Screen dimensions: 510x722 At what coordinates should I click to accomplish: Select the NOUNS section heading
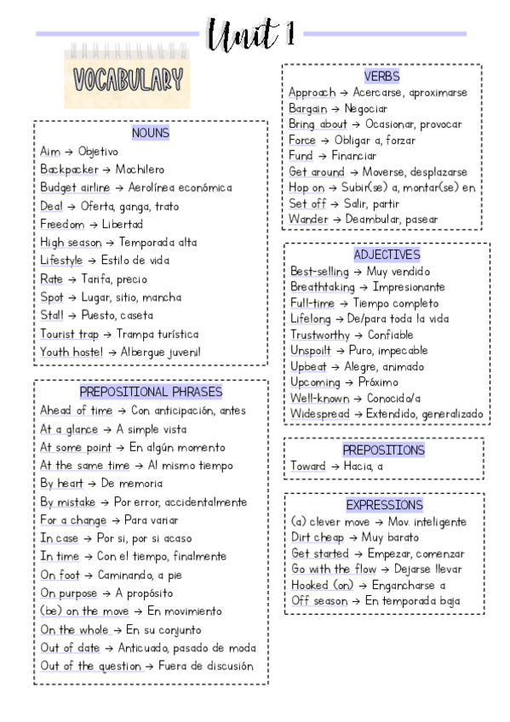(151, 133)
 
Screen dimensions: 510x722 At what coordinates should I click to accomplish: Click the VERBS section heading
(381, 77)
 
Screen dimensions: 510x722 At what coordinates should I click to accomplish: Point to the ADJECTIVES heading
(387, 255)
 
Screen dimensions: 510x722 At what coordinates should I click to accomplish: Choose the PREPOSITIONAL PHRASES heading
(151, 392)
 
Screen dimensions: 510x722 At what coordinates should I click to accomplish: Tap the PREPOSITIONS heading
(383, 450)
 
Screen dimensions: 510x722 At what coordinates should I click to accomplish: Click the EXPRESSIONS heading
(384, 505)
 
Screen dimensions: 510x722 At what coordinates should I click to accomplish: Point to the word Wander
(307, 219)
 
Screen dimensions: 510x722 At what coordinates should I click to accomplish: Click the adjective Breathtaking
(323, 287)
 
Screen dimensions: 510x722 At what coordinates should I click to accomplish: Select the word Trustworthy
(320, 335)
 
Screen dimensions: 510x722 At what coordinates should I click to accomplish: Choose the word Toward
(307, 466)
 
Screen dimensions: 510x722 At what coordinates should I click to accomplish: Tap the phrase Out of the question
(90, 666)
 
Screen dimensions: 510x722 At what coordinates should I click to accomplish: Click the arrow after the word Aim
(69, 152)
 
